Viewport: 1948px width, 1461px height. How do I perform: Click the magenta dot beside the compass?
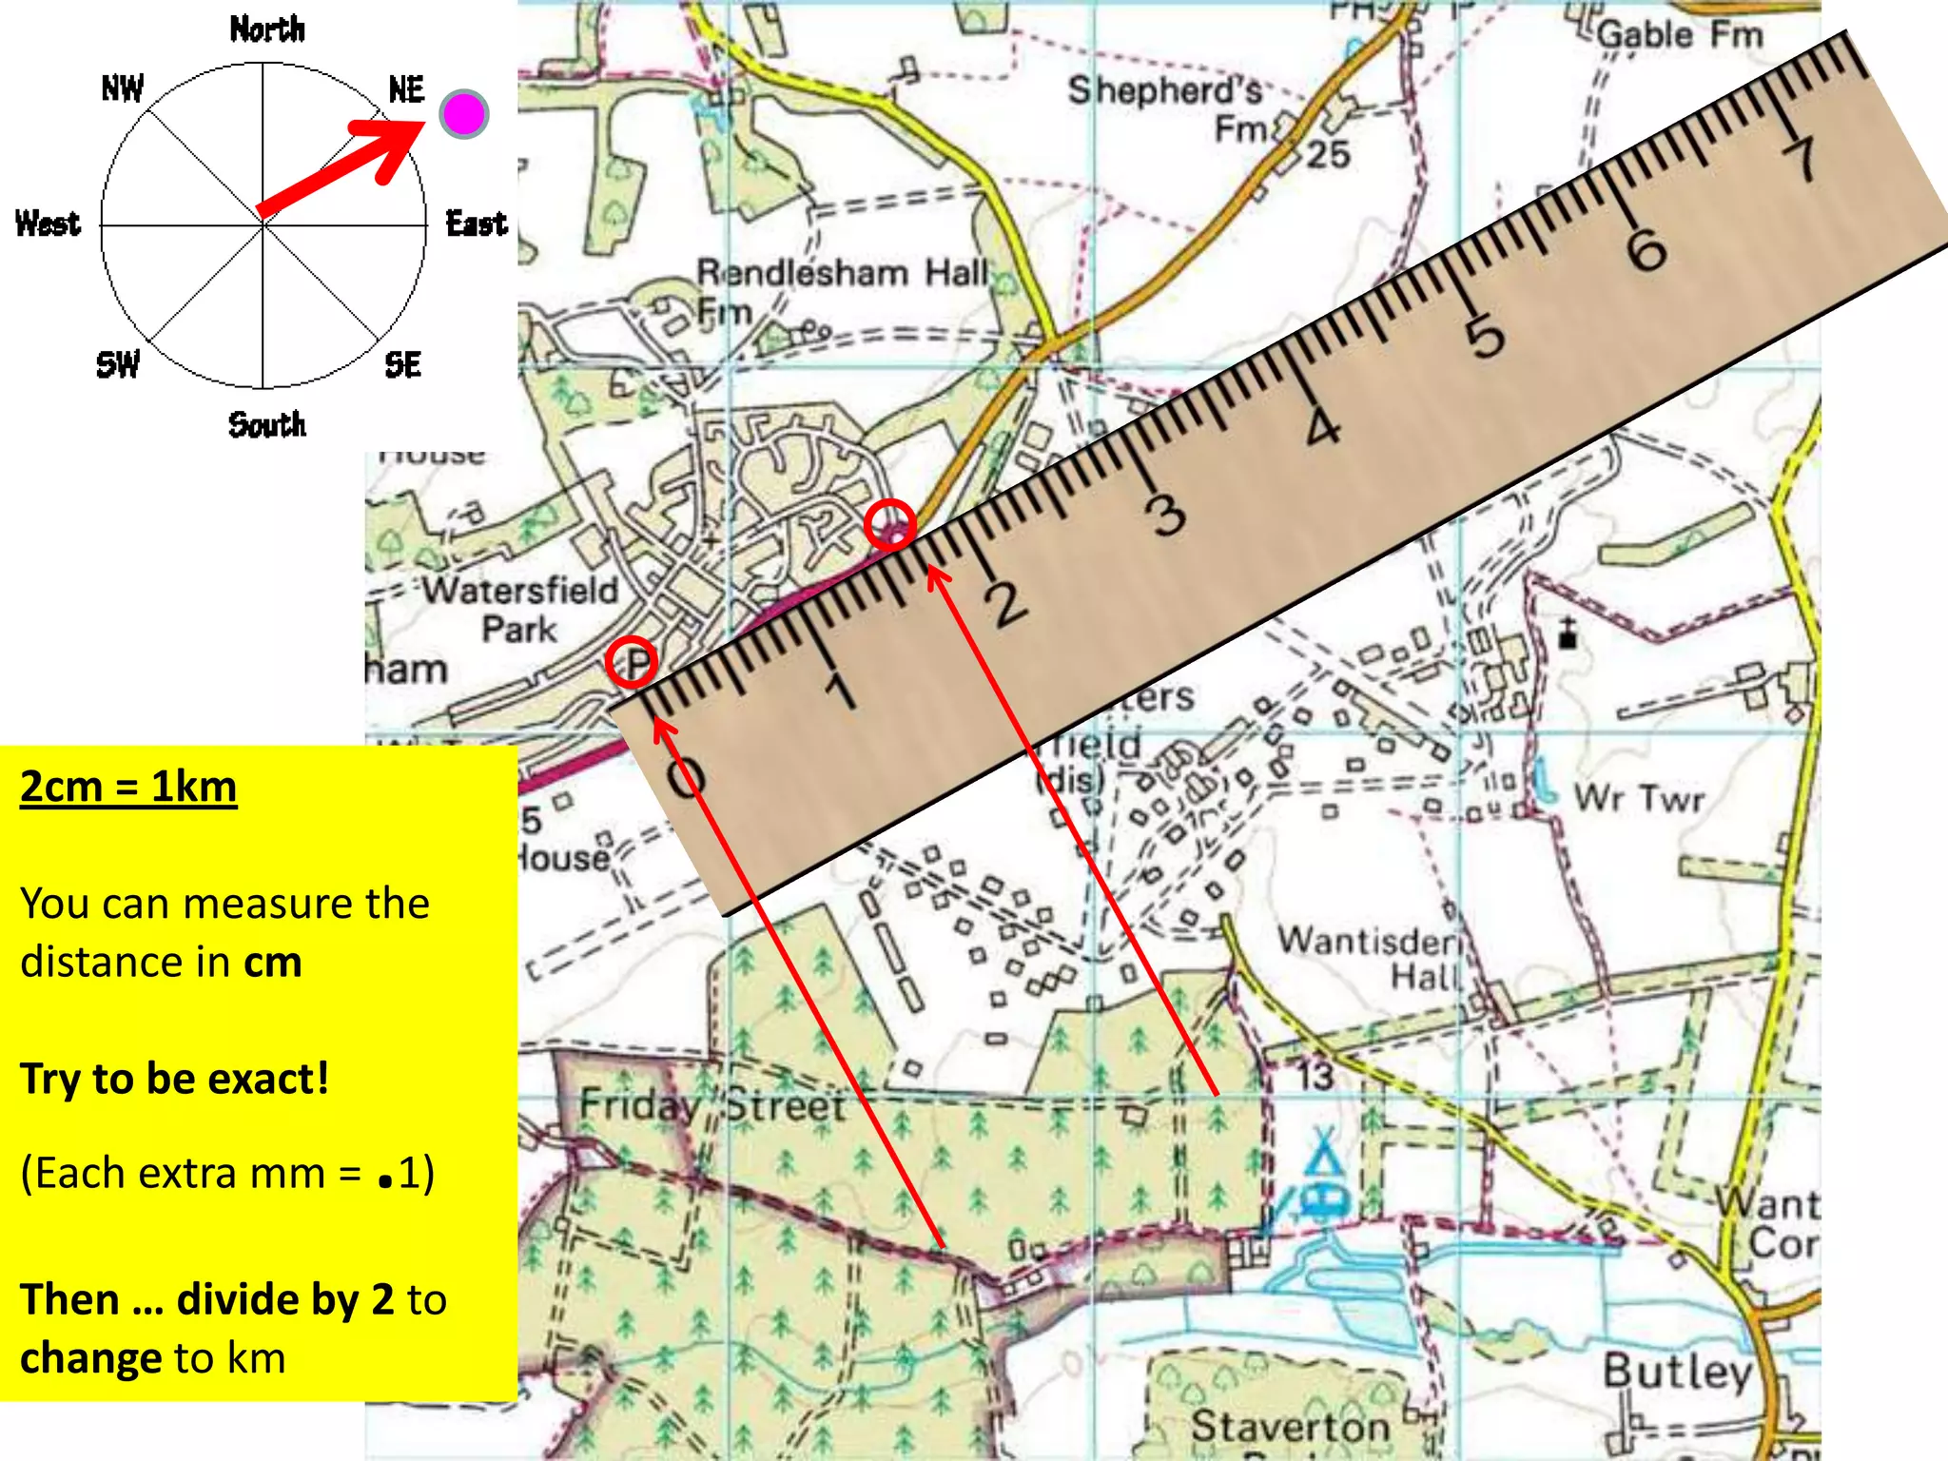pos(464,115)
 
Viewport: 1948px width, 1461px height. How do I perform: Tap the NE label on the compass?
pos(406,89)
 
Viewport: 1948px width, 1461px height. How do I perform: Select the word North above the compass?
pos(267,29)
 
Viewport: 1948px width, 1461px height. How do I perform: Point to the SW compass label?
pos(118,364)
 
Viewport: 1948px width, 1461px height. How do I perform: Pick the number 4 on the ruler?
pos(1322,427)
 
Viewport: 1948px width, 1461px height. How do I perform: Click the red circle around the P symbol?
pos(632,663)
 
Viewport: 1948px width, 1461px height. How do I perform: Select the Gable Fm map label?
pos(1680,35)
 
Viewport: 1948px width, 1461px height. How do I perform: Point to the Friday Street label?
pos(712,1105)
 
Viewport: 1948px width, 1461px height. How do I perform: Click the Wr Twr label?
pos(1639,797)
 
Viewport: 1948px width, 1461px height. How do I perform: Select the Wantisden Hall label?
pos(1370,957)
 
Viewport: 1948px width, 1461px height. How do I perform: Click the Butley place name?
pos(1676,1371)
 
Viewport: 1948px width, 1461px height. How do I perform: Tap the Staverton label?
pos(1289,1426)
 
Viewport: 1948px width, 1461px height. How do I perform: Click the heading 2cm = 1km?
pos(128,788)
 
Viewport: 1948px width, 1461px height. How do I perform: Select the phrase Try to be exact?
pos(175,1079)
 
